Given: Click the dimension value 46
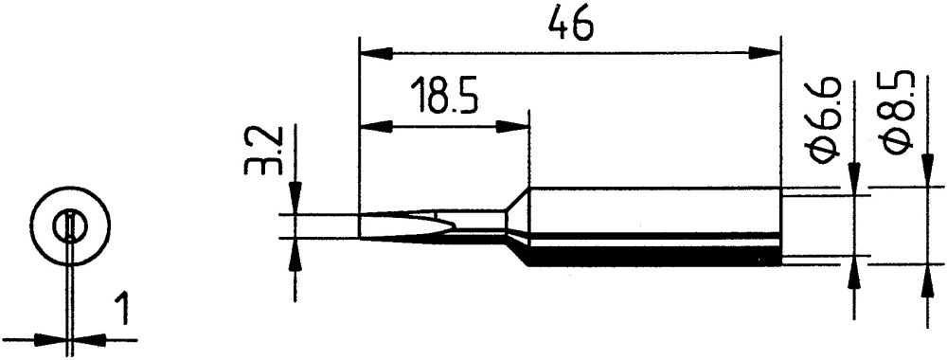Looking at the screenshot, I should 570,26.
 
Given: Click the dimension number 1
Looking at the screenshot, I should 121,310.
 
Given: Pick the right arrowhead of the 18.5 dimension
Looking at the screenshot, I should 515,125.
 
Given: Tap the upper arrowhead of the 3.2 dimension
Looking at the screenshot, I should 297,202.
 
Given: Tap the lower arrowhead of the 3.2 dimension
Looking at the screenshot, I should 297,250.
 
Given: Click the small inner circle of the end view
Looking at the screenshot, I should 69,226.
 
